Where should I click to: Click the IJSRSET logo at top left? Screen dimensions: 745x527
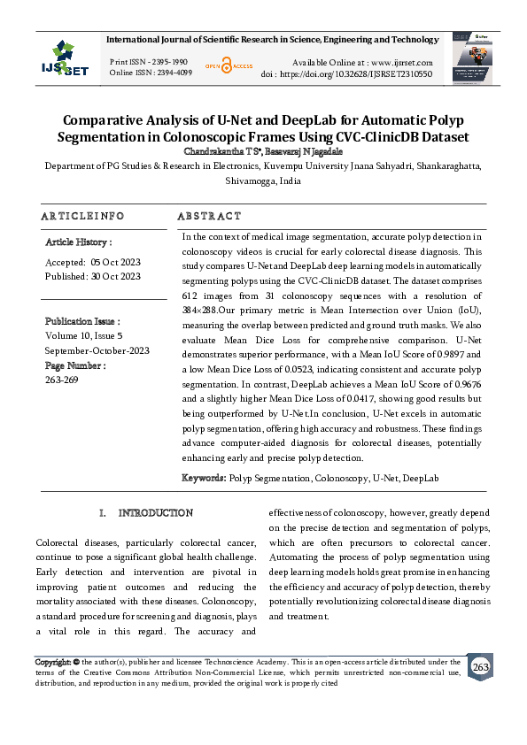(63, 59)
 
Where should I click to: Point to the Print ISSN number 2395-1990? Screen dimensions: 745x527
(168, 62)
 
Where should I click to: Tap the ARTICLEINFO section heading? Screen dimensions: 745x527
(82, 216)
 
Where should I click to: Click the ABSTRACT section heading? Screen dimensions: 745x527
(209, 216)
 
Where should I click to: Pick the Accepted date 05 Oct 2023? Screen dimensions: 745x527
(115, 262)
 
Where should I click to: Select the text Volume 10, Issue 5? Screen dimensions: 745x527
(84, 336)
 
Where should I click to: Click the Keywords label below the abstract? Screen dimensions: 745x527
(204, 478)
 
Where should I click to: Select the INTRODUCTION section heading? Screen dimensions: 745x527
(156, 513)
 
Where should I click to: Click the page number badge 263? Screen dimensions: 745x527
(480, 665)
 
